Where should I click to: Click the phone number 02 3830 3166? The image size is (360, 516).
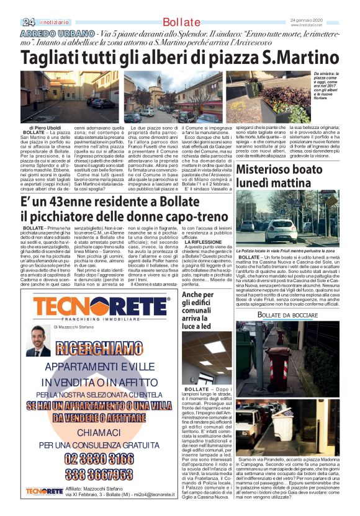[x=100, y=460]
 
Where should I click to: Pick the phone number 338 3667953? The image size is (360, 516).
[x=100, y=474]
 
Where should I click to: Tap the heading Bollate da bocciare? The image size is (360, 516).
[x=288, y=315]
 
